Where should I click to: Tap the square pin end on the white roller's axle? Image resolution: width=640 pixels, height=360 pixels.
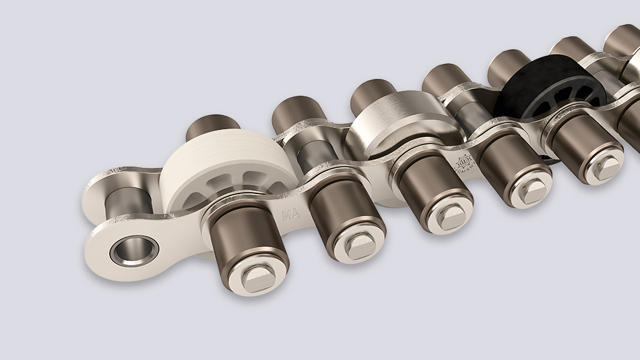point(257,276)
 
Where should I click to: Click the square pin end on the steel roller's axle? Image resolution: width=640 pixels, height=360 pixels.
point(446,217)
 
